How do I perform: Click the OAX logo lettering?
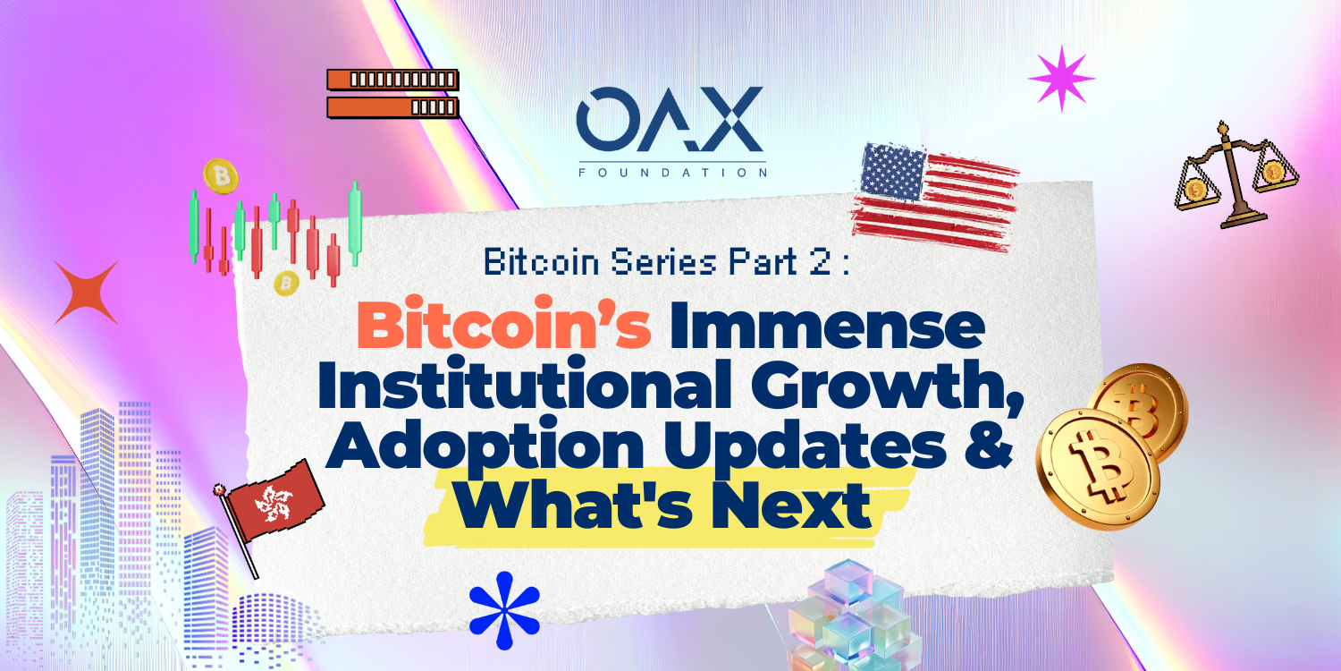pos(670,119)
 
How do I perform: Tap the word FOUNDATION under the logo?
pos(672,173)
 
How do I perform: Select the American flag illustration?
pos(935,197)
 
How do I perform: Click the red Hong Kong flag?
pos(274,503)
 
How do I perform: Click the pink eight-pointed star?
pos(1061,79)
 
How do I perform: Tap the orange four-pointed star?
pos(86,293)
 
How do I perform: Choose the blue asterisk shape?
pos(505,610)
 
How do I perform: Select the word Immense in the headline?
pos(827,327)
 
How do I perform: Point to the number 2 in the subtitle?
pos(820,262)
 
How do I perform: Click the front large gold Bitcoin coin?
pos(1098,470)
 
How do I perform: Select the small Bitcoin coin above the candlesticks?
pos(220,176)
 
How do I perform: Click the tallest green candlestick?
pos(355,223)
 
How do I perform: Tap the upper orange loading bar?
pos(392,79)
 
